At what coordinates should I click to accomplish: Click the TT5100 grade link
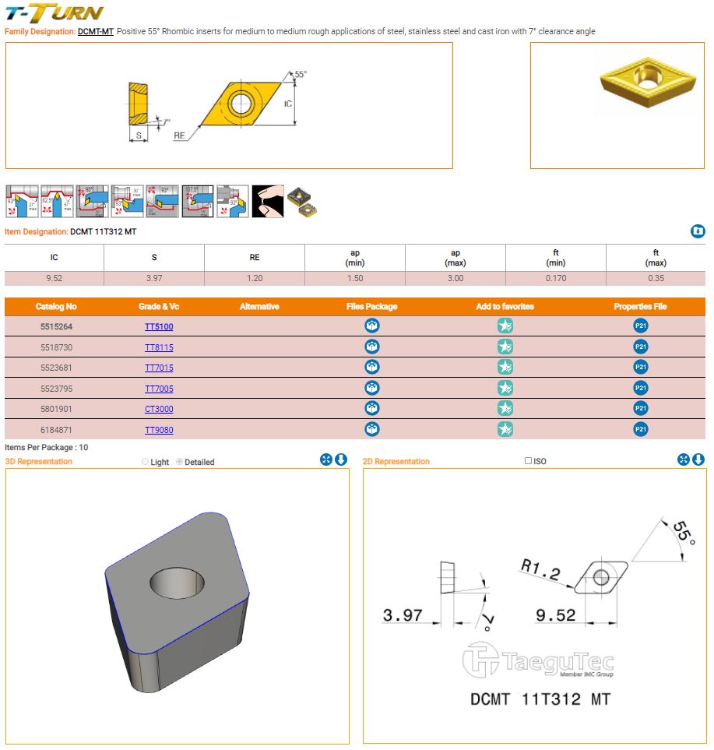[159, 326]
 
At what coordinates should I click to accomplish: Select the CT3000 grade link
[159, 409]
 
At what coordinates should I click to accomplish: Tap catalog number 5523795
[56, 388]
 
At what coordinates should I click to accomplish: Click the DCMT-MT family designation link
[96, 31]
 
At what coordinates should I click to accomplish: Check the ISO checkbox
[529, 461]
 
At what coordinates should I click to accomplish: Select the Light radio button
[146, 462]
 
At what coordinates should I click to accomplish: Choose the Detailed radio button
[180, 462]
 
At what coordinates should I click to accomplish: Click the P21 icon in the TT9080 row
[641, 429]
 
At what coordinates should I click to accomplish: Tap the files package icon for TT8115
[372, 347]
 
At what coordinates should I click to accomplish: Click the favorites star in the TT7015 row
[505, 367]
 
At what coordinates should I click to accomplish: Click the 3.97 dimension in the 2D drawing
[403, 616]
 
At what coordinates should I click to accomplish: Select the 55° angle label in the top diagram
[301, 74]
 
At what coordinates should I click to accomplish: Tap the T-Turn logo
[54, 13]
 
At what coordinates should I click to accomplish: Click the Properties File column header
[640, 307]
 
